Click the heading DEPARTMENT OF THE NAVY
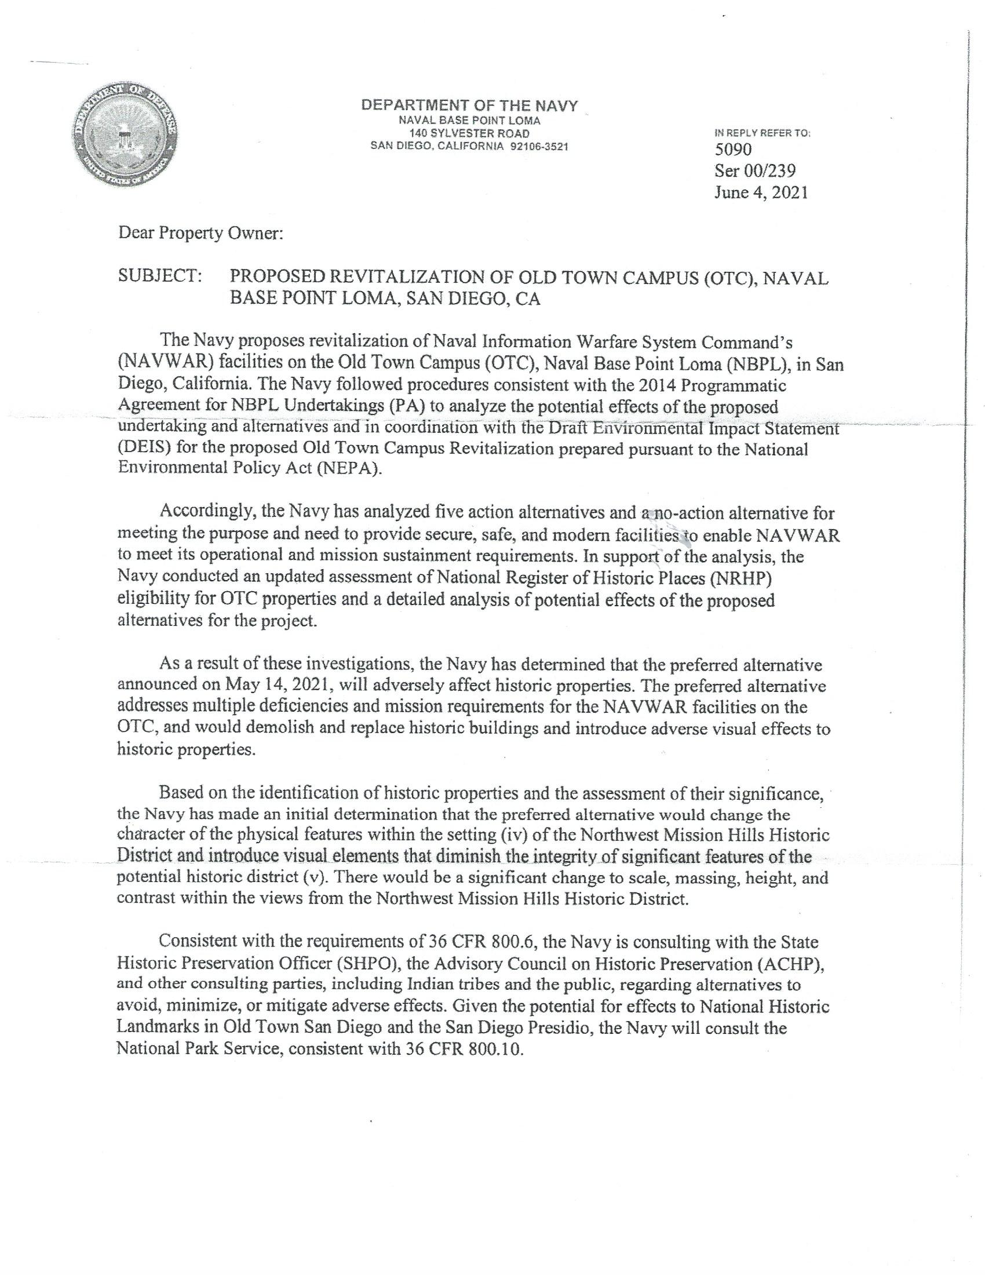pos(469,106)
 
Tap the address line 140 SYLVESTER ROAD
pos(469,134)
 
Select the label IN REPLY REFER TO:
pos(763,133)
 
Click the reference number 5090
pos(734,150)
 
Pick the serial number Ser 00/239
pos(755,171)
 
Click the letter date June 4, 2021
pos(761,192)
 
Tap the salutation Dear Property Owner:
pos(200,234)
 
